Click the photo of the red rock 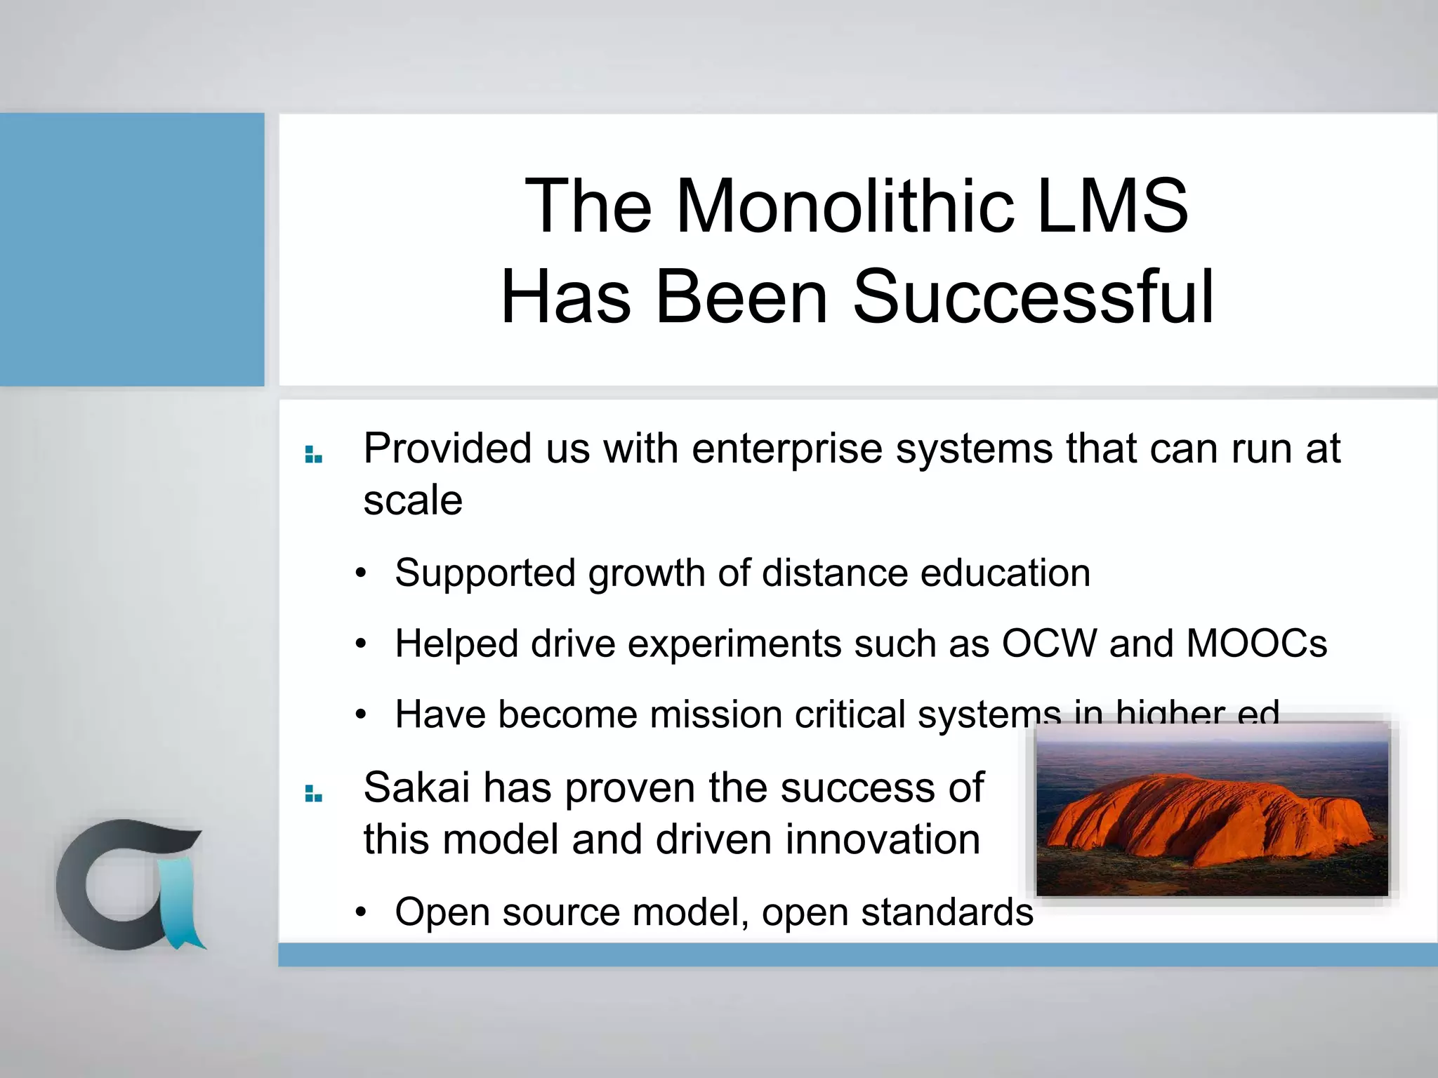click(1212, 811)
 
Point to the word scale click(413, 500)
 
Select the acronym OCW click(1049, 643)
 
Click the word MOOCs click(1256, 643)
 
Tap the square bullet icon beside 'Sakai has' click(313, 794)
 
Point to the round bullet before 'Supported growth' click(361, 573)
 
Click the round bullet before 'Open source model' click(361, 912)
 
